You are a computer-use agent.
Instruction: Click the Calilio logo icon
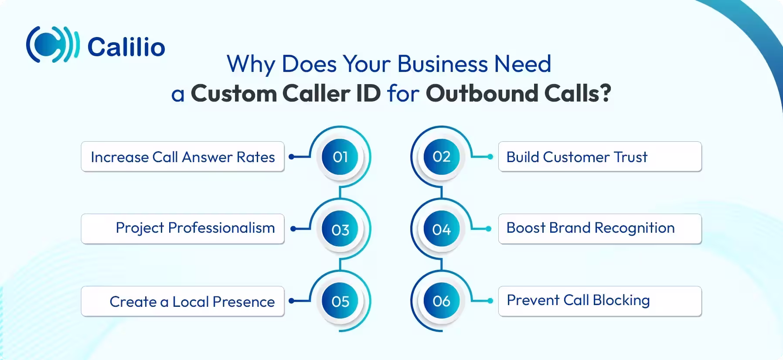click(52, 44)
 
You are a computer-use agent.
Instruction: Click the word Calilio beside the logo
click(126, 47)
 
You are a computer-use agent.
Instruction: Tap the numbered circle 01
click(340, 157)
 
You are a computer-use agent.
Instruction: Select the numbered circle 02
click(441, 157)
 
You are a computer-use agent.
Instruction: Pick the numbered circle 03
click(340, 230)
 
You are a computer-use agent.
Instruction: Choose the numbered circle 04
click(441, 230)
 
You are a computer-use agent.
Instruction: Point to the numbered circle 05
click(340, 301)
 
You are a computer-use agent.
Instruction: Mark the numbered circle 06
click(441, 301)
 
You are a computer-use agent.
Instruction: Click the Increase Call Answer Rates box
click(183, 157)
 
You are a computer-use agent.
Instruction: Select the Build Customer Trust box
click(599, 157)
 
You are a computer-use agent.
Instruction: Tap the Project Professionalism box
click(183, 229)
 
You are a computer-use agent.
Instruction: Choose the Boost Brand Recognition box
click(599, 229)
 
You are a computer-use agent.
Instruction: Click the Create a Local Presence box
click(183, 302)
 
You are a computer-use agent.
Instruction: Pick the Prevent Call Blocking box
click(599, 301)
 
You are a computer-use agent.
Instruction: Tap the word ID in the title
click(368, 93)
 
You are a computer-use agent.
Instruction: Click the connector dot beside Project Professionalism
click(293, 229)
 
